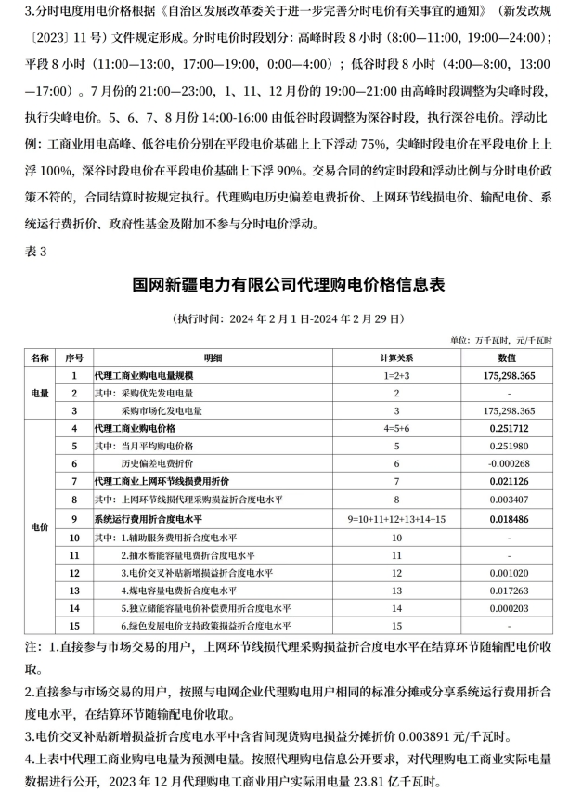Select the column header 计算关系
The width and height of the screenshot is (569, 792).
(396, 357)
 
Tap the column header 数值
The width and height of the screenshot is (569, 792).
(509, 357)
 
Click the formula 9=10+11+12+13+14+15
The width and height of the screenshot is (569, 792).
(396, 515)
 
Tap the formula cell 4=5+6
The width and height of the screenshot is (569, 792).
(396, 427)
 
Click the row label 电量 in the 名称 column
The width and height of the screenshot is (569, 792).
(40, 393)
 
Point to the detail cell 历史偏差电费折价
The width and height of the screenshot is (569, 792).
(158, 462)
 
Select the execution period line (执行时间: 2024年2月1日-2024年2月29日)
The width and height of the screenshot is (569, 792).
(284, 318)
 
